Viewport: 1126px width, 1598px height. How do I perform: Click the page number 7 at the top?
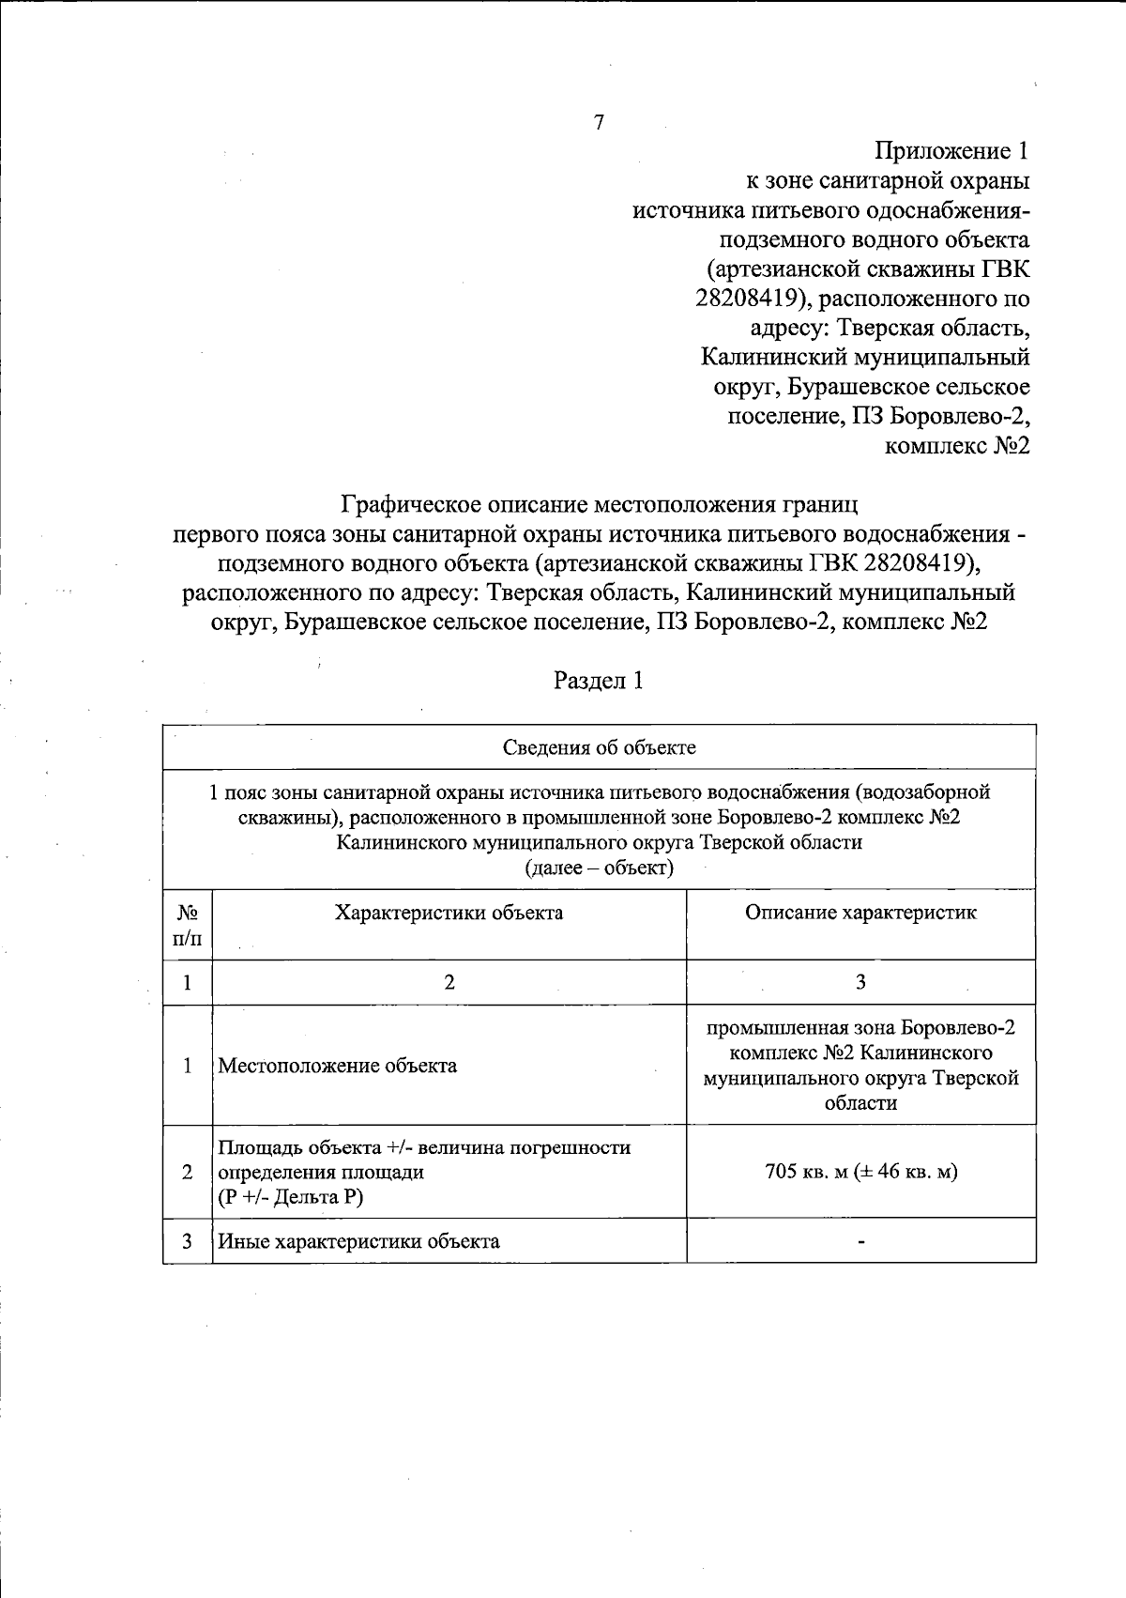(x=599, y=122)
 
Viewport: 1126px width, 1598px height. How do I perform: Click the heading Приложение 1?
(x=952, y=151)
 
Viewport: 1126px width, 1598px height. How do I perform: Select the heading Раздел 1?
(x=599, y=681)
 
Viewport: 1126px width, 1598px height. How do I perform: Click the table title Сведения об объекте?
(x=599, y=747)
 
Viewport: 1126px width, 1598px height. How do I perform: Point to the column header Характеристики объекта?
(x=449, y=913)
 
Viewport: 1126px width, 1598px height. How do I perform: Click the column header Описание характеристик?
(x=860, y=913)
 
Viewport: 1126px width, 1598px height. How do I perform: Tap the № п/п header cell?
(x=188, y=925)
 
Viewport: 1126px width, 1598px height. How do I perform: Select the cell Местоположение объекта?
(x=338, y=1066)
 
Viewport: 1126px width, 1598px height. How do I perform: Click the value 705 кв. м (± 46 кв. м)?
(x=860, y=1172)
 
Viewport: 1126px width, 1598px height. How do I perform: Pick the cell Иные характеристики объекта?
(x=358, y=1241)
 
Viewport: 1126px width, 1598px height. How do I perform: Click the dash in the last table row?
(x=860, y=1242)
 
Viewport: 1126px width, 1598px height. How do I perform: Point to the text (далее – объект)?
(x=599, y=868)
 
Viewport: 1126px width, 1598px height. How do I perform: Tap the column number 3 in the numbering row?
(x=860, y=982)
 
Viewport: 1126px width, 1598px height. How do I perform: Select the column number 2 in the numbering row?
(x=449, y=982)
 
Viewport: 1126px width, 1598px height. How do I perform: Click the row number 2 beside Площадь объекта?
(x=188, y=1172)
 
